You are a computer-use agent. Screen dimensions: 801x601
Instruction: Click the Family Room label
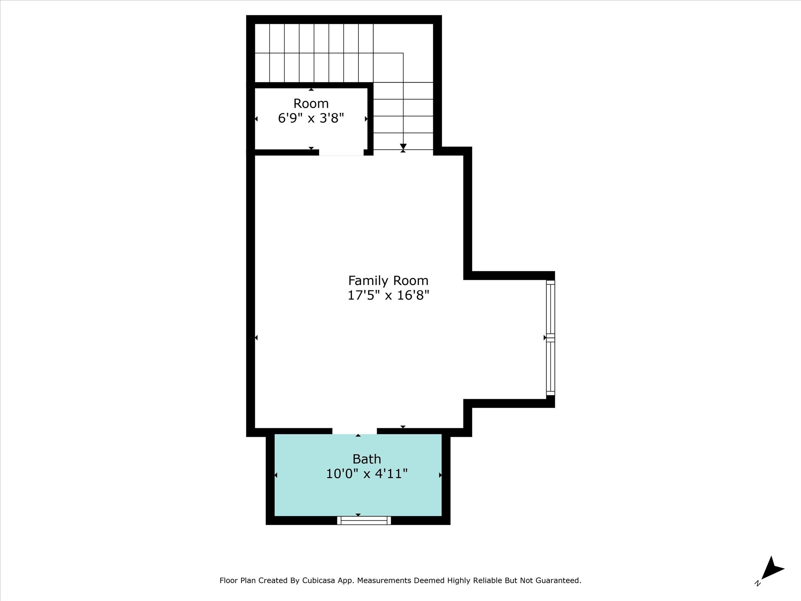tap(388, 280)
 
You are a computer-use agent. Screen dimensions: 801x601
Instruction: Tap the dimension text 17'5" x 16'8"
tap(388, 295)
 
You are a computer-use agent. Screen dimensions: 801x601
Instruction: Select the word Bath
tap(366, 459)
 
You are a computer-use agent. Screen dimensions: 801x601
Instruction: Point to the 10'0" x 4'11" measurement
tap(366, 474)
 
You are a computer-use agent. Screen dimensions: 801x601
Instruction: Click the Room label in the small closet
tap(311, 103)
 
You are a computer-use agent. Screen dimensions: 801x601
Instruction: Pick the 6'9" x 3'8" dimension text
tap(311, 118)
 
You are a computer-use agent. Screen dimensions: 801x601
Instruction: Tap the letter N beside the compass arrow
tap(757, 583)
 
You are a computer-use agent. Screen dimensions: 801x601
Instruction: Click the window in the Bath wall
tap(364, 520)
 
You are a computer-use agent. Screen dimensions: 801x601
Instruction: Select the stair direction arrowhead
tap(403, 147)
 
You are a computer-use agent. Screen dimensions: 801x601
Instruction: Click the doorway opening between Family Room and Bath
tap(354, 431)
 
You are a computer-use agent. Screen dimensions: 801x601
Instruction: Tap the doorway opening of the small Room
tap(341, 153)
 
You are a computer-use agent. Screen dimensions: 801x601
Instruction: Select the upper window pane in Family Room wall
tap(551, 307)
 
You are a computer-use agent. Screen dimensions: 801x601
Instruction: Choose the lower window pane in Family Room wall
tap(551, 367)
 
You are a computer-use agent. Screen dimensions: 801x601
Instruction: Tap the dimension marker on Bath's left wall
tap(276, 475)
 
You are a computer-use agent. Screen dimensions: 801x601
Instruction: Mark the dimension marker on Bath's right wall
tap(441, 475)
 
